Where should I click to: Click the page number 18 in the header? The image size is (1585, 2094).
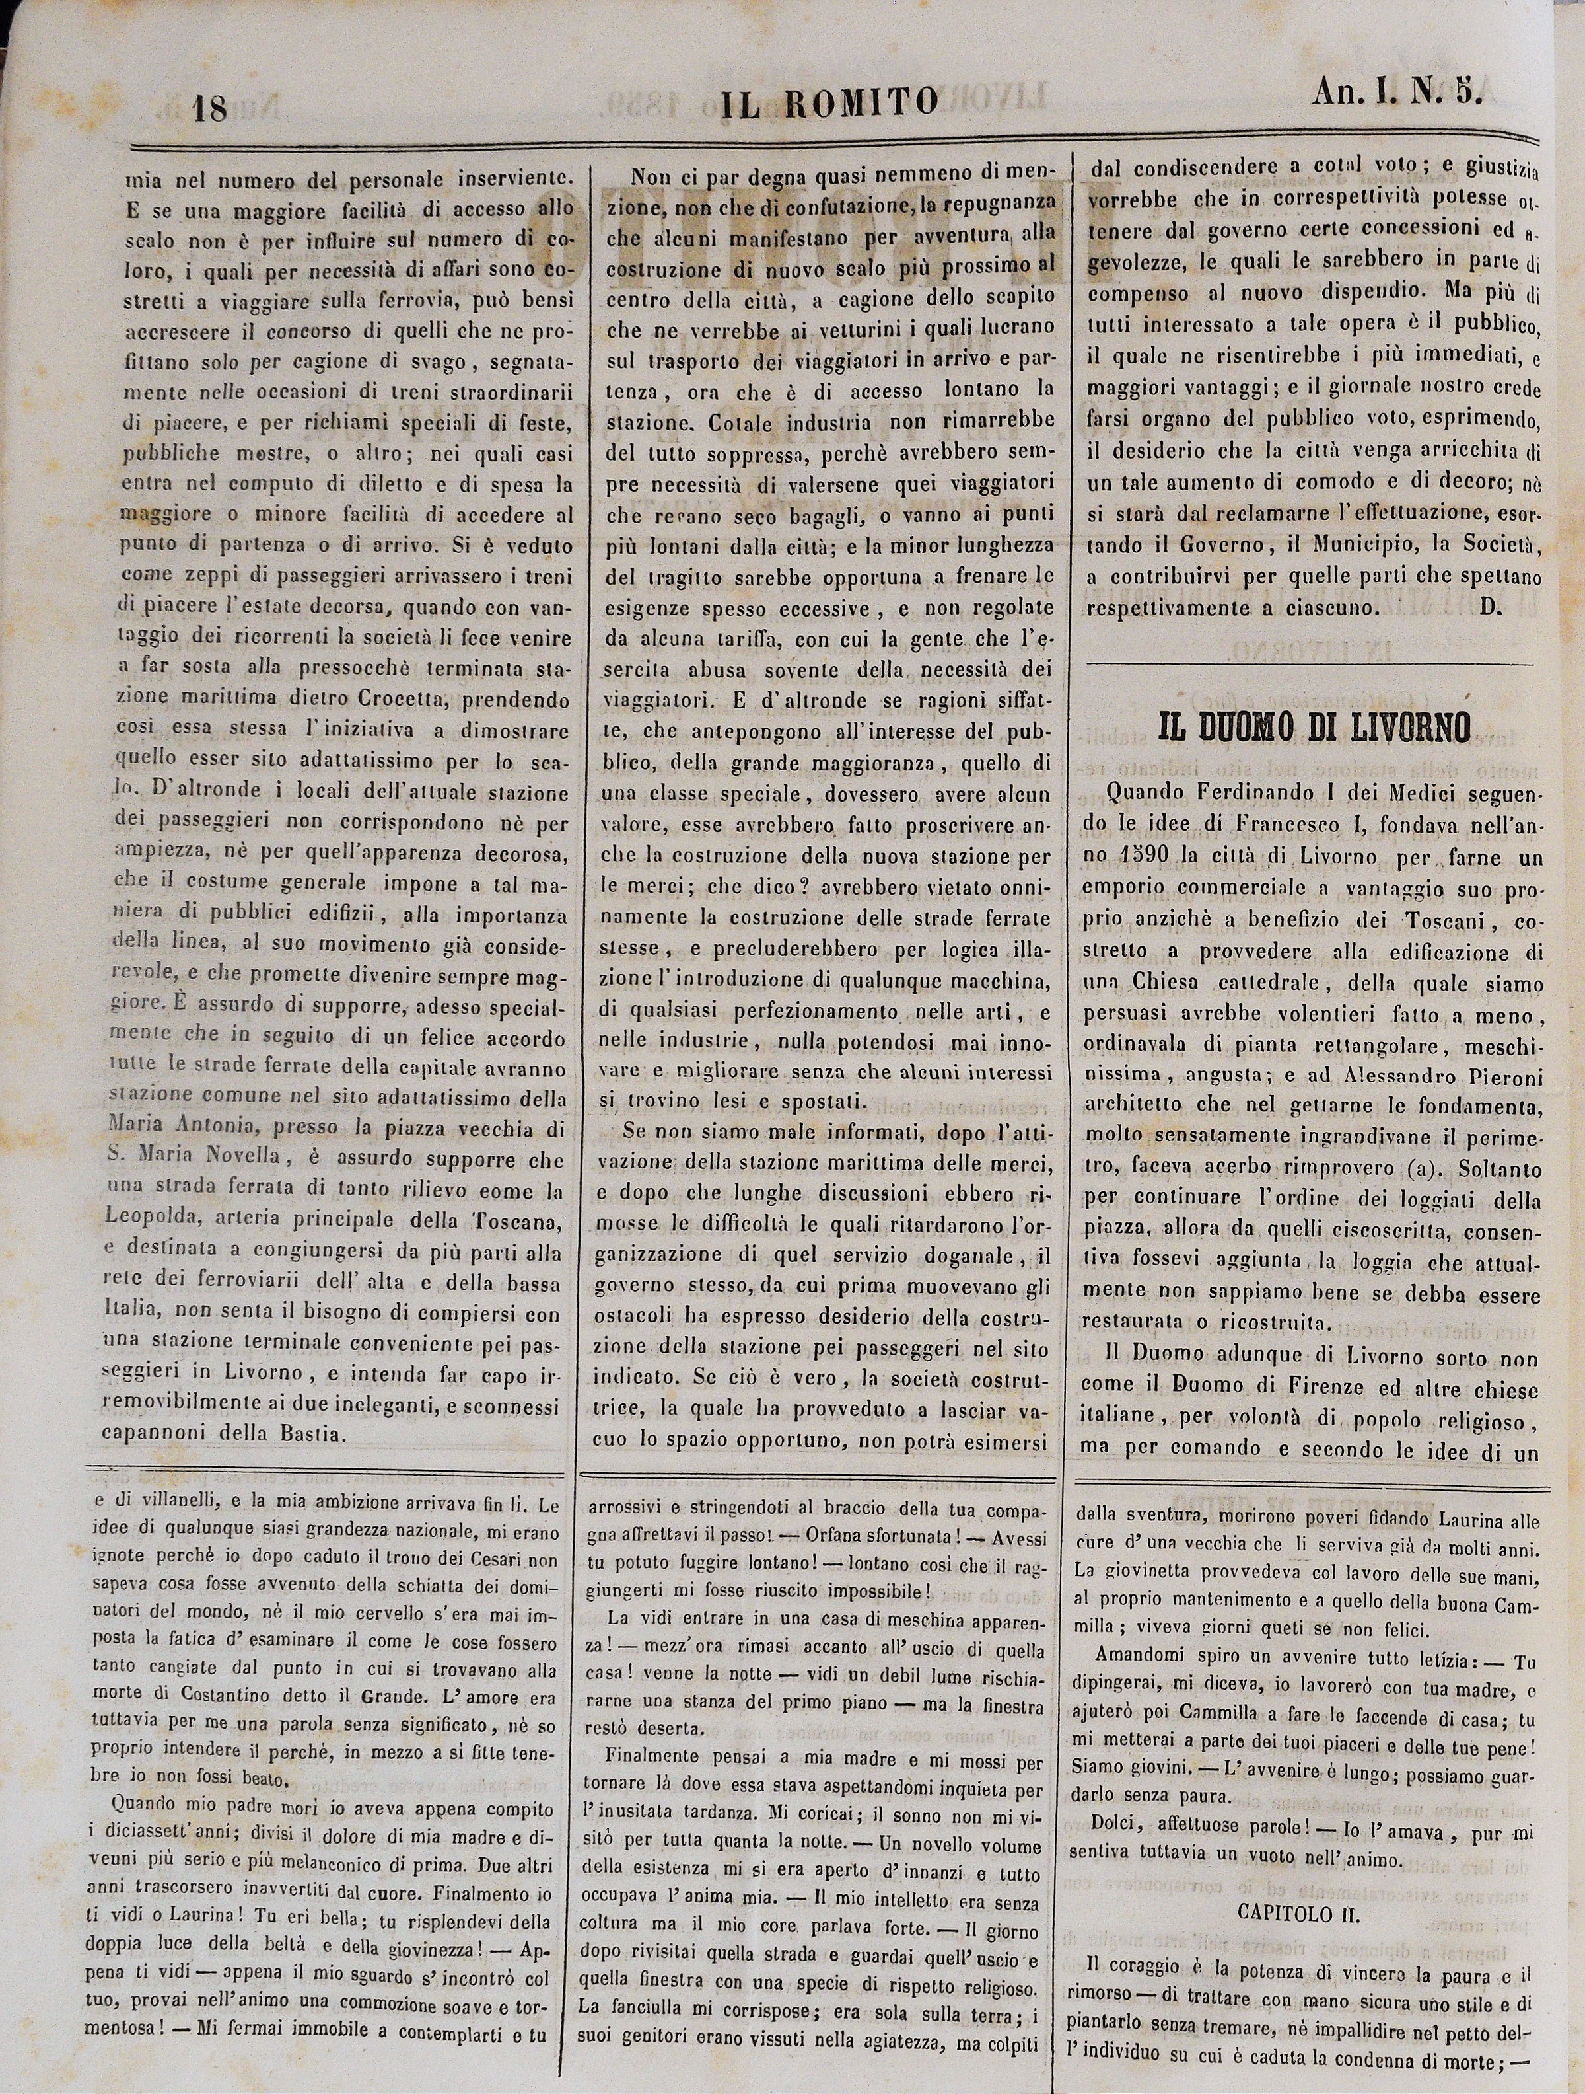pos(207,107)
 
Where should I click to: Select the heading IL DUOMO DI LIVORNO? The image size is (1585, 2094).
pos(1314,726)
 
